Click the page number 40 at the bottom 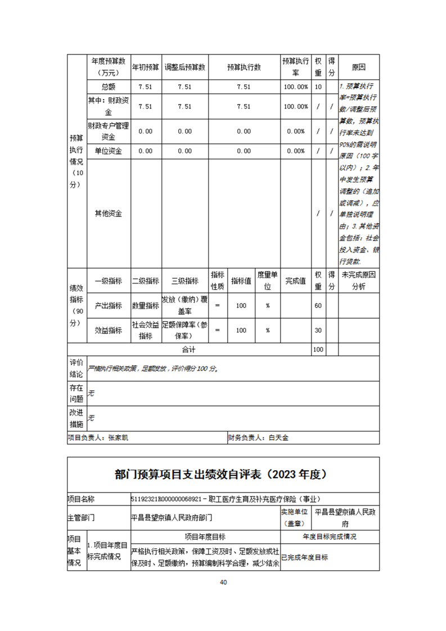pos(223,582)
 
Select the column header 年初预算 pos(145,67)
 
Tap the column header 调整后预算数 pos(184,67)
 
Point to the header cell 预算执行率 pos(295,67)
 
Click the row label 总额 pos(108,87)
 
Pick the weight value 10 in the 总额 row pos(318,87)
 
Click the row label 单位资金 pos(108,151)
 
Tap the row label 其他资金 pos(108,213)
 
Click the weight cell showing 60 pos(318,305)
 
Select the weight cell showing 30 pos(318,330)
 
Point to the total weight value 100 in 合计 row pos(318,349)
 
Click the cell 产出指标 pos(108,305)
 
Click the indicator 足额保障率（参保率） pos(184,330)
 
